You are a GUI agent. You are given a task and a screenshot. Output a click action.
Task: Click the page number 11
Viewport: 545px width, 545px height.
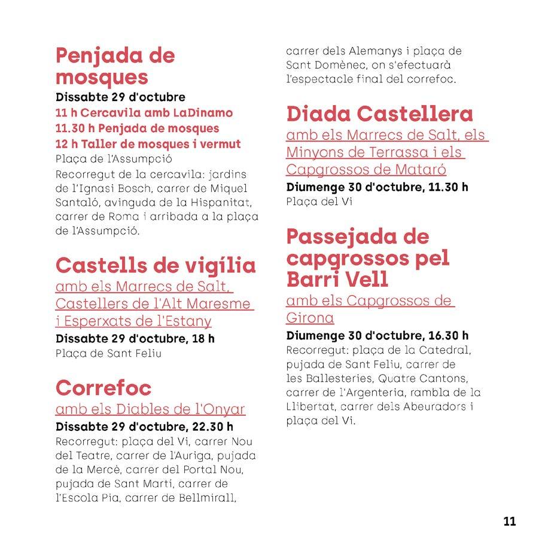tap(509, 521)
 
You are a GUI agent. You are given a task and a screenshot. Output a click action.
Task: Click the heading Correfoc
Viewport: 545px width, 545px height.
tap(103, 388)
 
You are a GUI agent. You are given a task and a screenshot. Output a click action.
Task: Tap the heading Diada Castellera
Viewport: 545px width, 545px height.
tap(379, 114)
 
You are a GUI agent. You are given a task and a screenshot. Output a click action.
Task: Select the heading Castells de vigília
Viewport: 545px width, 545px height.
tap(155, 265)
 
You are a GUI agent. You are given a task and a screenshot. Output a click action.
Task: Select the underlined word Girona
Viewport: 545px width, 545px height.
tap(310, 317)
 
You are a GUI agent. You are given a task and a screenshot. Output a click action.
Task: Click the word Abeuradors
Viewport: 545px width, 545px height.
tap(436, 407)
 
